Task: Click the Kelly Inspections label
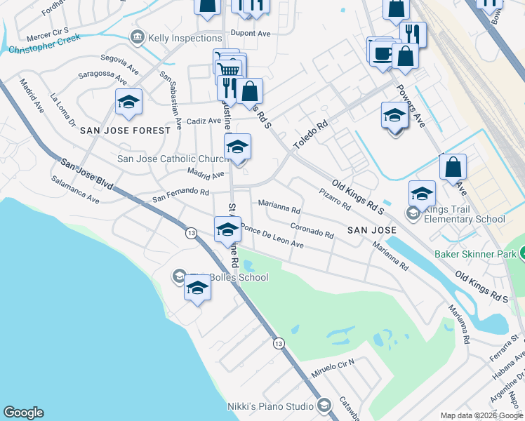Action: coord(185,37)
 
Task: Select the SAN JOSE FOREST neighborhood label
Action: coord(126,131)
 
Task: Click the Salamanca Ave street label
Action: coord(75,189)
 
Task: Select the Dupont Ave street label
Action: coord(250,32)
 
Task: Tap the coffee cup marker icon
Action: coord(383,54)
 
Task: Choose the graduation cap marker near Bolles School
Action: coord(198,289)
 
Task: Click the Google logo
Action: coord(23,413)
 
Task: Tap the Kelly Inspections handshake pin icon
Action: coord(137,37)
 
